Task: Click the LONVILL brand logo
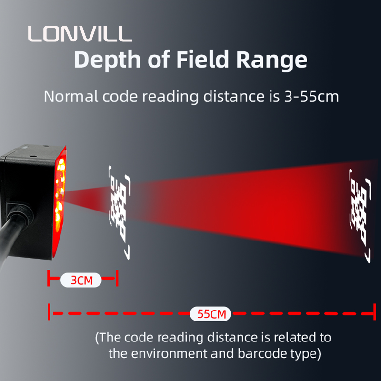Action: tap(80, 34)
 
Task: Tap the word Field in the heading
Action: tap(202, 59)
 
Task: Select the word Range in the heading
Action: tap(271, 61)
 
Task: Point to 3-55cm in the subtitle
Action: tap(311, 97)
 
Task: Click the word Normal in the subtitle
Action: tap(70, 97)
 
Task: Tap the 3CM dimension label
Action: tap(81, 280)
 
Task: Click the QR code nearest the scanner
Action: tap(120, 212)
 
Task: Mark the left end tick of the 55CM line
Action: tap(49, 312)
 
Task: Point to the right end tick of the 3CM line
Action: tap(117, 278)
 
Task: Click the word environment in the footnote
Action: tap(170, 353)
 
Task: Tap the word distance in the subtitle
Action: tap(234, 96)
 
